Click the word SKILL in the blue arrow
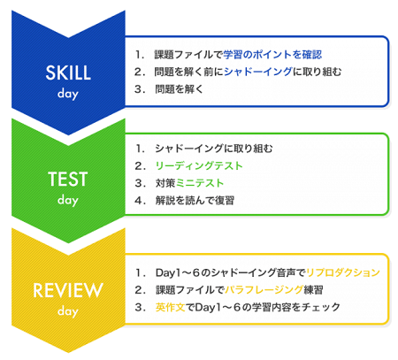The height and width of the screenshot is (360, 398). point(68,73)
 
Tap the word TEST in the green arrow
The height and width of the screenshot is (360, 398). point(68,179)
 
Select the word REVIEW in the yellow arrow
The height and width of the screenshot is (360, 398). point(68,290)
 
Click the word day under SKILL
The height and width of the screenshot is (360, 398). point(68,94)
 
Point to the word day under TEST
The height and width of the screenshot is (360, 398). point(68,200)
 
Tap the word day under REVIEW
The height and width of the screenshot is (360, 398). point(68,311)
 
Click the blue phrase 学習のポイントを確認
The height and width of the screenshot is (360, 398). point(272,55)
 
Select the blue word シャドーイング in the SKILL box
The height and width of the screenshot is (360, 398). point(258,72)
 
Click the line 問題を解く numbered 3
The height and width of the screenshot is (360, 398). point(180,89)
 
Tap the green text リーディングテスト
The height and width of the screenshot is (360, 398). point(199,165)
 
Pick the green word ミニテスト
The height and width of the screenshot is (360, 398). point(200,183)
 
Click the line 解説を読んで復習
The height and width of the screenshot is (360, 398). point(195,201)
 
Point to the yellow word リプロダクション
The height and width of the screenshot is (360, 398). point(343,272)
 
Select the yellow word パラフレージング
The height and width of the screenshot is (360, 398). point(264,290)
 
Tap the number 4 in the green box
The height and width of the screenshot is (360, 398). point(140,201)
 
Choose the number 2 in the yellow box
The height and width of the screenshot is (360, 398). point(140,290)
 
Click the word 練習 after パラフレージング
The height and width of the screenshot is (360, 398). point(313,290)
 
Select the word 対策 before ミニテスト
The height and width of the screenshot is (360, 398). point(165,183)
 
